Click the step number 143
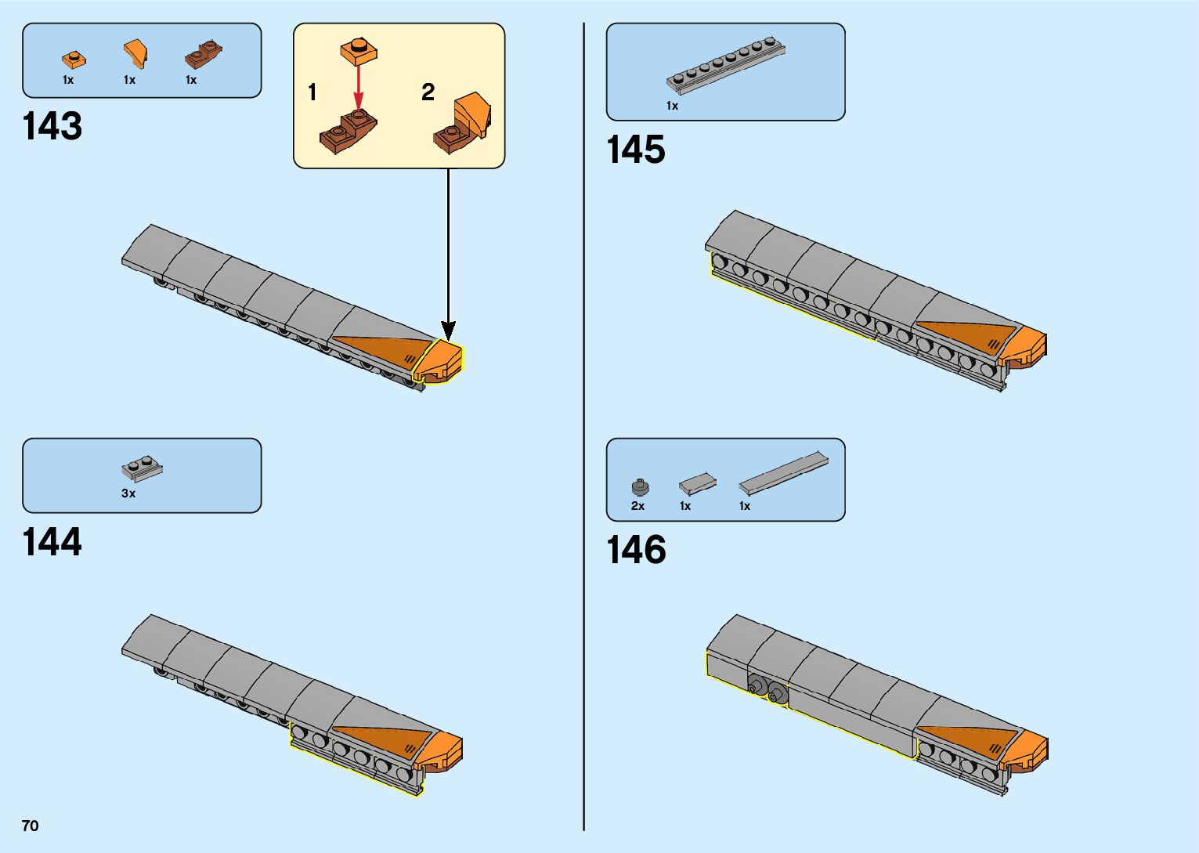point(52,127)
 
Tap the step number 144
point(52,542)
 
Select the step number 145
point(636,150)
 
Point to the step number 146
point(636,550)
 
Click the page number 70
point(30,826)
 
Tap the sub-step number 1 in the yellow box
point(312,92)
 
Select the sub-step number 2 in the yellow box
point(428,92)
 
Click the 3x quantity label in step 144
point(128,493)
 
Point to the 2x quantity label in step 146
point(637,506)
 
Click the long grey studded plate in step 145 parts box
point(726,65)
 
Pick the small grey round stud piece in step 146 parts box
point(640,487)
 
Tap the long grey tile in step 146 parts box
point(783,473)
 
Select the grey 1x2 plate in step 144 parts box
point(142,468)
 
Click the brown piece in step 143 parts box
point(203,56)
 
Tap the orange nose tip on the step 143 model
point(442,361)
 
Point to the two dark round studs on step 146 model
point(767,689)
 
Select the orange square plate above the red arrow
point(359,52)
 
